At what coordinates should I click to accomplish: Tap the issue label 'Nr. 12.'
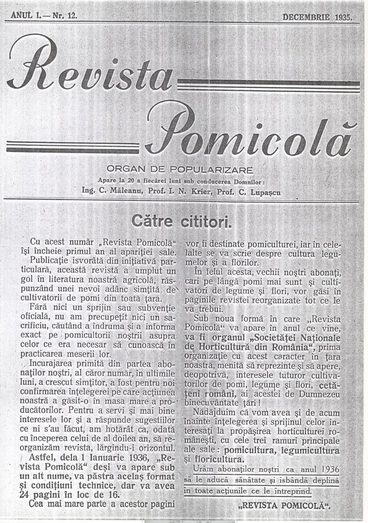pos(64,16)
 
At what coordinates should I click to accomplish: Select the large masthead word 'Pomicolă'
pos(250,131)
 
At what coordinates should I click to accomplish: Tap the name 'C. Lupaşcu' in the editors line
pos(252,191)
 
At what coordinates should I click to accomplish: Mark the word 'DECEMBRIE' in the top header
pos(306,16)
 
